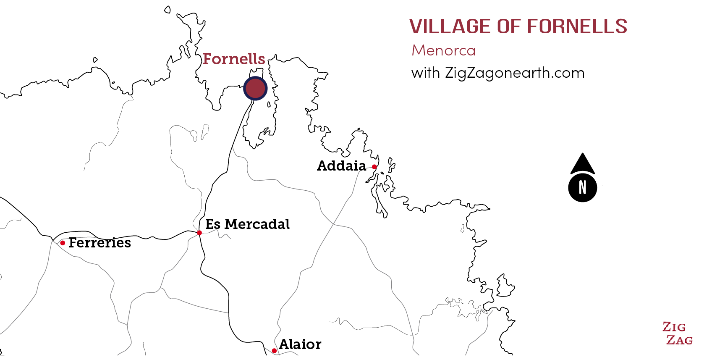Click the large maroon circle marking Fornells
[x=255, y=89]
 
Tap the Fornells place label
[x=234, y=59]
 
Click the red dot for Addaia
[x=374, y=167]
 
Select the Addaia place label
[x=341, y=166]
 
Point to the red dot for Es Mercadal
[x=199, y=233]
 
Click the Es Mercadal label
[x=247, y=224]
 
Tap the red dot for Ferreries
[x=63, y=243]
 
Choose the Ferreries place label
[x=100, y=243]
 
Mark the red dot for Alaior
[x=274, y=351]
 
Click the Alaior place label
[x=300, y=344]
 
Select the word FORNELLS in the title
[x=577, y=26]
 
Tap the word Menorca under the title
[x=443, y=50]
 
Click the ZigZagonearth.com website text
[x=515, y=73]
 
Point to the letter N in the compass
[x=582, y=187]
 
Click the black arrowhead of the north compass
[x=582, y=164]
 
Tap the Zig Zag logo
[x=677, y=334]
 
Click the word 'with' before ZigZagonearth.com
[x=425, y=73]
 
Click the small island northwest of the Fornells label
[x=168, y=9]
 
